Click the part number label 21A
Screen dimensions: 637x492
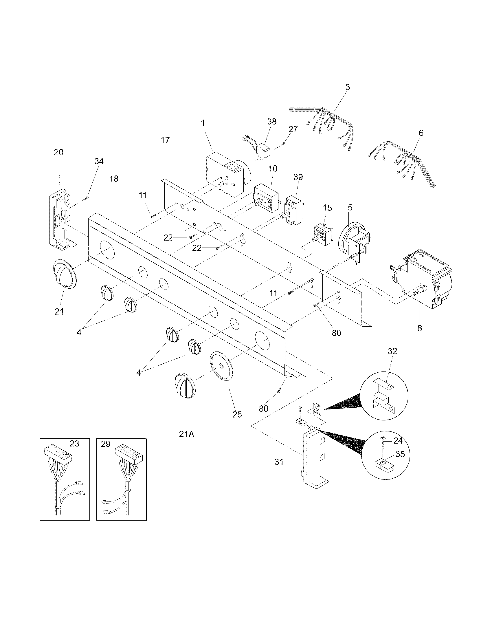(187, 442)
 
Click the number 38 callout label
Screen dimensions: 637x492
(272, 122)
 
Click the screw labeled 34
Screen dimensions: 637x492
(86, 199)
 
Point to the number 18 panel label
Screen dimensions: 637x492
(114, 179)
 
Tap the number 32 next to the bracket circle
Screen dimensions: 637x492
(392, 351)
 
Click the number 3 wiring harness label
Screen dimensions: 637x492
(347, 87)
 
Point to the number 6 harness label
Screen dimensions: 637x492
(421, 133)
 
